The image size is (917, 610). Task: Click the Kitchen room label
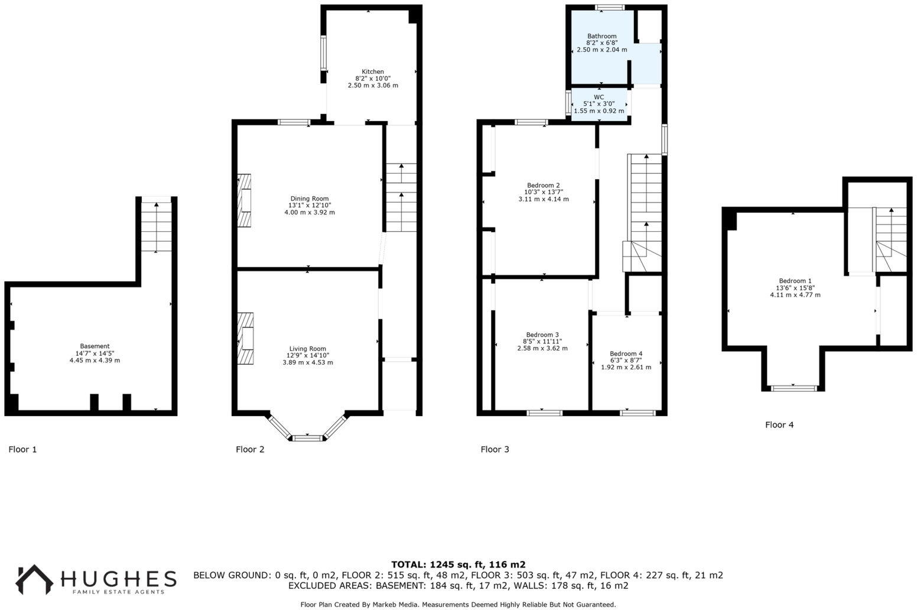pyautogui.click(x=372, y=72)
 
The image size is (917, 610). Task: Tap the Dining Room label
pyautogui.click(x=309, y=199)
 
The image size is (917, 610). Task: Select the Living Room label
pyautogui.click(x=307, y=349)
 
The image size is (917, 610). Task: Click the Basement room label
pyautogui.click(x=95, y=346)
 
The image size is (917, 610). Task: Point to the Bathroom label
pyautogui.click(x=601, y=36)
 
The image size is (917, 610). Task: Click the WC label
pyautogui.click(x=599, y=97)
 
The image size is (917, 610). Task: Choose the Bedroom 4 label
pyautogui.click(x=626, y=353)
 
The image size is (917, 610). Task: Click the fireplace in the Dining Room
pyautogui.click(x=244, y=201)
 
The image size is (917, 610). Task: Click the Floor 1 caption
pyautogui.click(x=22, y=449)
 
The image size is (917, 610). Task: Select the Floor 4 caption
pyautogui.click(x=779, y=424)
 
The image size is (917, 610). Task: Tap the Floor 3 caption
pyautogui.click(x=495, y=449)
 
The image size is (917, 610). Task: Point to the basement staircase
pyautogui.click(x=156, y=227)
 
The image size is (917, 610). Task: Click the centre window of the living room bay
pyautogui.click(x=307, y=438)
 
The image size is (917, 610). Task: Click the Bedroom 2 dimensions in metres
pyautogui.click(x=543, y=199)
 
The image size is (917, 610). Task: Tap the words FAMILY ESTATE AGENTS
pyautogui.click(x=118, y=592)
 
